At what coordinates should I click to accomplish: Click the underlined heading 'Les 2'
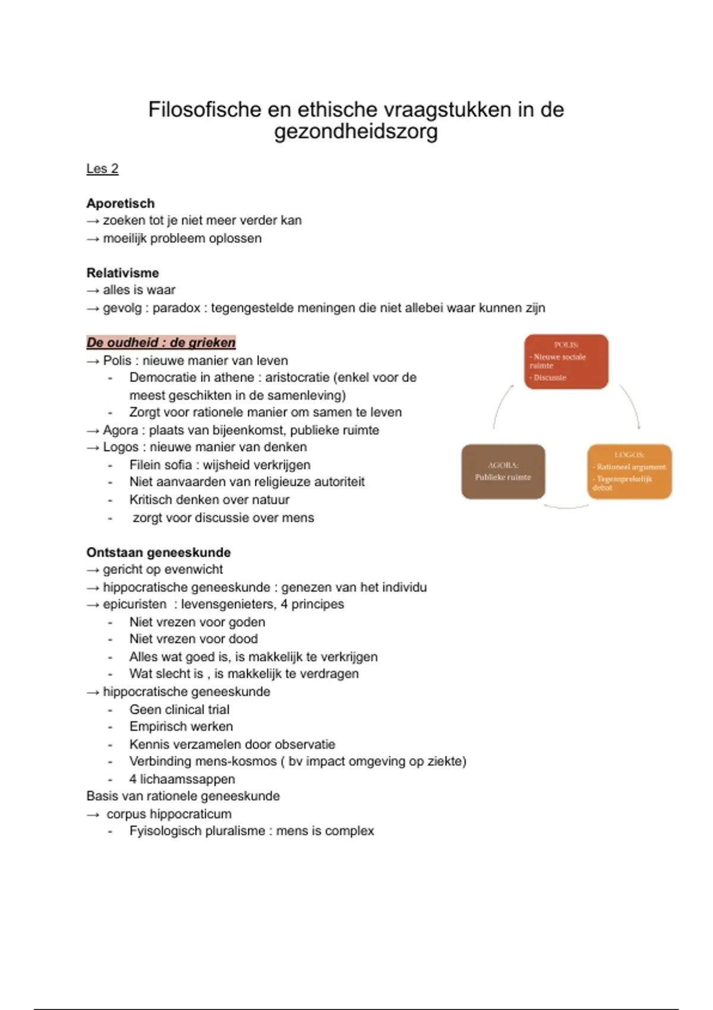coord(102,169)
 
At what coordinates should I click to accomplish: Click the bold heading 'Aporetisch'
coord(121,203)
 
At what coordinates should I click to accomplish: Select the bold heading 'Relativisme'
coord(123,273)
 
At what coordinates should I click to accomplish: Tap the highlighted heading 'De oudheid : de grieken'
coord(161,343)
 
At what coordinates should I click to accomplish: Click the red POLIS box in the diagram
coord(566,361)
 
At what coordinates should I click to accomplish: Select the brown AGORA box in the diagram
coord(503,472)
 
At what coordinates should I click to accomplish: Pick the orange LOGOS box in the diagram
coord(629,472)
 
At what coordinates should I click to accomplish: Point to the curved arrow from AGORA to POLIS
coord(500,405)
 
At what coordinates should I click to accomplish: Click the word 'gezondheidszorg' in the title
coord(356,131)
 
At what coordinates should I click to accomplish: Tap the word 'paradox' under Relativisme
coord(176,308)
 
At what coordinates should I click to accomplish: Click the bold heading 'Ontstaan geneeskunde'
coord(159,553)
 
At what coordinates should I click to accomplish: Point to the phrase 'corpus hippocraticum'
coord(169,814)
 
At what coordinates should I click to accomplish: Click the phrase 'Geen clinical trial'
coord(179,709)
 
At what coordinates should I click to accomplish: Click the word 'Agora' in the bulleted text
coord(120,430)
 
